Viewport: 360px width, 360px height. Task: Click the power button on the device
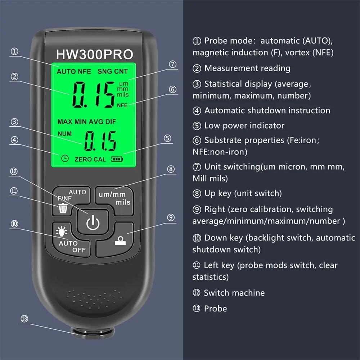(93, 223)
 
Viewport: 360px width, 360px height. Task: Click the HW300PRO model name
(94, 54)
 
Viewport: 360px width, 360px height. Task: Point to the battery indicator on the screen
(117, 159)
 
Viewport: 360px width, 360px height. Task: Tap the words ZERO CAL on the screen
(90, 159)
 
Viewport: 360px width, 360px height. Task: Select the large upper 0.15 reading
(93, 94)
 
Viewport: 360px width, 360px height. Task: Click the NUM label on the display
(65, 134)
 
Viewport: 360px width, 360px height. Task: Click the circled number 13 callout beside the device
(24, 319)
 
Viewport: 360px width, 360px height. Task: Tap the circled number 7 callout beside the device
(173, 64)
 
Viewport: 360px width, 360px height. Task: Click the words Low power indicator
(244, 126)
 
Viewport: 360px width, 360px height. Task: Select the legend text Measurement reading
(247, 68)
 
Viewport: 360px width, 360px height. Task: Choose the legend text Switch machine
(234, 293)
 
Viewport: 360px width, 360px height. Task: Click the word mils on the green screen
(123, 94)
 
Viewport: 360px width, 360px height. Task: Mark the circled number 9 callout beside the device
(171, 217)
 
